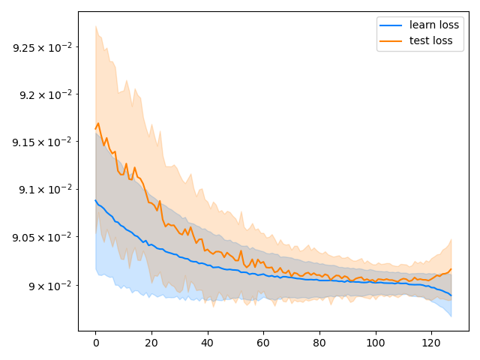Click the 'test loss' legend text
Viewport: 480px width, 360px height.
[430, 40]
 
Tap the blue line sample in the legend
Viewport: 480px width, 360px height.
[391, 25]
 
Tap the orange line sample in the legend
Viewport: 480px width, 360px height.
[391, 40]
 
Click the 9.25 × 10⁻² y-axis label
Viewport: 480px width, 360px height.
[42, 47]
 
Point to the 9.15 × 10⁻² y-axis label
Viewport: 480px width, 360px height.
[42, 142]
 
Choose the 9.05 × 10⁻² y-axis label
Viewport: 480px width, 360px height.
[42, 237]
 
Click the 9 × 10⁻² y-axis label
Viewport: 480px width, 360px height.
[49, 285]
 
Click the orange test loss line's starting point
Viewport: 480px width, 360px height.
[96, 129]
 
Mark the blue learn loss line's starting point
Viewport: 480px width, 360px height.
[96, 200]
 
